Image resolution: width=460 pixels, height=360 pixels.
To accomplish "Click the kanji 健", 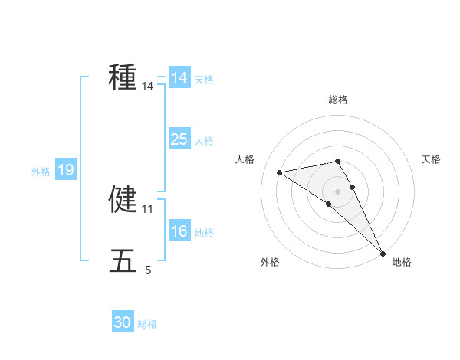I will tap(123, 198).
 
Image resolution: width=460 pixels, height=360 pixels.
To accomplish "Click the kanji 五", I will tap(123, 261).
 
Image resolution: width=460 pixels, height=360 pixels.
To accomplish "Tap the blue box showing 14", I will tap(179, 78).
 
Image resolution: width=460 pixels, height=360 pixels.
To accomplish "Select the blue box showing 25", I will tap(179, 139).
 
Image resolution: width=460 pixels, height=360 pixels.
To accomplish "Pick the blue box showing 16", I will tap(179, 232).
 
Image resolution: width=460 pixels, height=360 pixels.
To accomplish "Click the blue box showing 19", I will tap(65, 171).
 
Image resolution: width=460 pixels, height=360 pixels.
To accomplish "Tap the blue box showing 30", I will tap(123, 322).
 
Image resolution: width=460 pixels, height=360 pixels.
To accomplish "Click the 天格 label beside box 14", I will tap(204, 79).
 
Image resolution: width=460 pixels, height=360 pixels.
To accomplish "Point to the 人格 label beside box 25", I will tap(204, 141).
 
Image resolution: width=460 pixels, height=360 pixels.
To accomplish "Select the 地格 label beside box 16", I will tap(204, 233).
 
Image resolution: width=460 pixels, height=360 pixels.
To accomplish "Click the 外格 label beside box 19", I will tap(40, 172).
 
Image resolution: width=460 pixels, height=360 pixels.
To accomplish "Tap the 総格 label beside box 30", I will tap(147, 324).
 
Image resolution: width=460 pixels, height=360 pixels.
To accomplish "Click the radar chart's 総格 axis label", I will tap(337, 100).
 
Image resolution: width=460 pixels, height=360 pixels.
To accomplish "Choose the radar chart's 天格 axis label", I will tap(431, 159).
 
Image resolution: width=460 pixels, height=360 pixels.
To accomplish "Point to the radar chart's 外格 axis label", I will tap(270, 262).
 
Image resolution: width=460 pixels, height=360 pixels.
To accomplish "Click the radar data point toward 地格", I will tap(383, 253).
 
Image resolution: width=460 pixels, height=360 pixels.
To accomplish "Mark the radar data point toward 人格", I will tap(280, 172).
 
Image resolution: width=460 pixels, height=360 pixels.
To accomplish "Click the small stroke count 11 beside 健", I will tap(148, 208).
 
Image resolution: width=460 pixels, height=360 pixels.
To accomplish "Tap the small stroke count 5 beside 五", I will tap(148, 270).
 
